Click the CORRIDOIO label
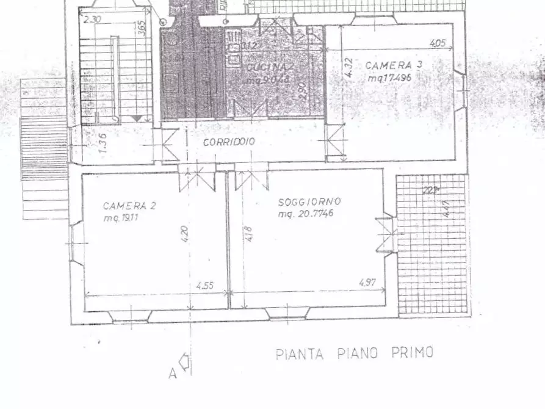point(229,142)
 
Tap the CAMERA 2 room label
point(129,206)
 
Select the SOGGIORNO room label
point(309,201)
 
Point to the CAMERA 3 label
point(394,65)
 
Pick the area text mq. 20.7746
point(306,214)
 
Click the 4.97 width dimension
point(367,282)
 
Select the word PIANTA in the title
point(301,353)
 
